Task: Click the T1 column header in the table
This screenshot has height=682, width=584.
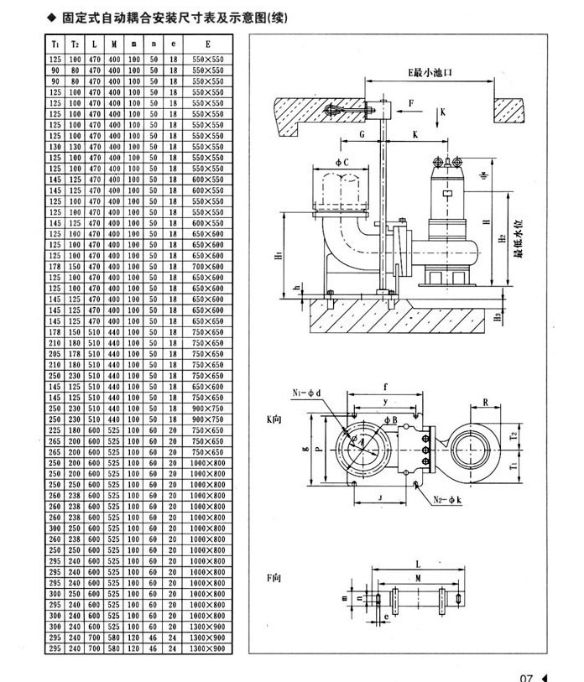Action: (x=55, y=44)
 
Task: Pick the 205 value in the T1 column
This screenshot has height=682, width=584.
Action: (x=55, y=354)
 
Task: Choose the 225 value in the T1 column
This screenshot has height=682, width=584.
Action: (x=55, y=430)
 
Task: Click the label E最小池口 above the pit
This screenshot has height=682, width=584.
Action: (x=430, y=74)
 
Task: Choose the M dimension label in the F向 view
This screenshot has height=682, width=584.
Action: (x=417, y=580)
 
